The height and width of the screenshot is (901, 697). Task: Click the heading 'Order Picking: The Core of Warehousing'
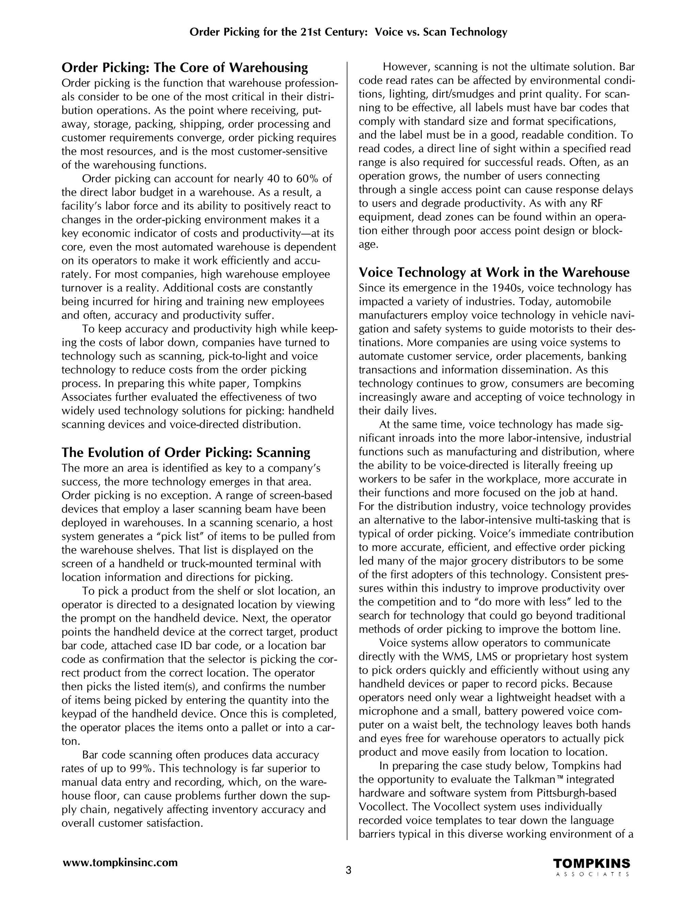coord(184,67)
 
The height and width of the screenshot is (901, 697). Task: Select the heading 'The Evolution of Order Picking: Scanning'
coord(186,453)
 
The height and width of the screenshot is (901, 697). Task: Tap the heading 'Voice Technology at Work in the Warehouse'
coord(494,272)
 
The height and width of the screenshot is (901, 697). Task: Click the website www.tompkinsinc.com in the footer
coord(120,862)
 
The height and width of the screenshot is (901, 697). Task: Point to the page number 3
coord(348,871)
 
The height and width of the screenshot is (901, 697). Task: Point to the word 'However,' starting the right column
coord(406,67)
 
